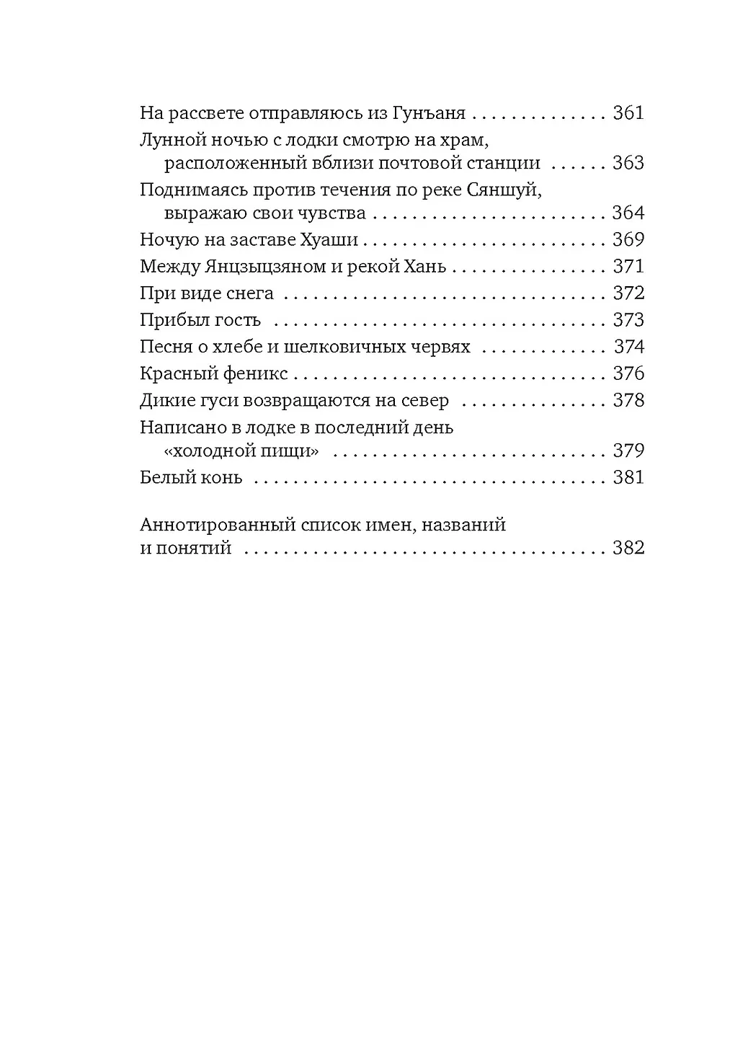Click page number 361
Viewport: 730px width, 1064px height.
coord(628,113)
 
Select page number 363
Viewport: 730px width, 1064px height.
coord(628,163)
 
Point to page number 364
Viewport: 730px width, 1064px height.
coord(628,213)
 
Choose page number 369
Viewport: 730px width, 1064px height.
coord(628,240)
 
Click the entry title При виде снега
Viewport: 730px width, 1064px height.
coord(207,293)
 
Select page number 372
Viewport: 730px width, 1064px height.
coord(628,293)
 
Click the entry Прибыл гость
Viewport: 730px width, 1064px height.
coord(200,320)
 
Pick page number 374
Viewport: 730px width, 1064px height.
coord(628,347)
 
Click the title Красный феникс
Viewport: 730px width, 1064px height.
coord(214,373)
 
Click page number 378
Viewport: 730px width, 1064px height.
coord(628,400)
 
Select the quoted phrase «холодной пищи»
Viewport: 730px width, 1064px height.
coord(241,451)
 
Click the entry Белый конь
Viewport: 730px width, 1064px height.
coord(191,477)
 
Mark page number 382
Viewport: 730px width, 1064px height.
coord(628,548)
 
